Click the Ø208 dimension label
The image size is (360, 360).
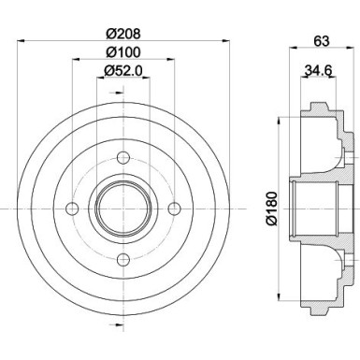pos(122,31)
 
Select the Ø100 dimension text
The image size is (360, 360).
pos(122,50)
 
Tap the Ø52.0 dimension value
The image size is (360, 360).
pos(122,71)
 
